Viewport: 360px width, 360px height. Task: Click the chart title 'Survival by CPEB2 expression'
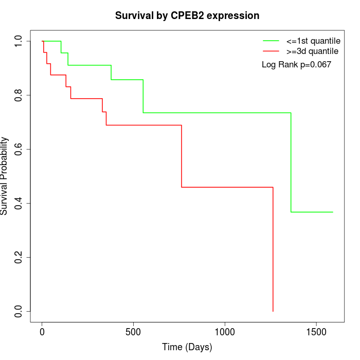(187, 15)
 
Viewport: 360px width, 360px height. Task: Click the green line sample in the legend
(271, 40)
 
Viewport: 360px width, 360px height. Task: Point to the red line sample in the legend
(271, 51)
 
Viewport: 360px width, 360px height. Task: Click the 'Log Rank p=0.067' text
(296, 65)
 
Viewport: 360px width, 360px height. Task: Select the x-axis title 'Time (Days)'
(187, 347)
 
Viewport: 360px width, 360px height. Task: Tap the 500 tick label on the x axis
(133, 332)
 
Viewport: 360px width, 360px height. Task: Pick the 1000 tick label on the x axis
(225, 332)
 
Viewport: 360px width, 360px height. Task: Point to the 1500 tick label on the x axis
(316, 332)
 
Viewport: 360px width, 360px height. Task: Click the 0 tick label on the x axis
(42, 332)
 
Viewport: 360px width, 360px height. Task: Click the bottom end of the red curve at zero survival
(273, 311)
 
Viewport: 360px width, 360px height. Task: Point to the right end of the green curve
(333, 212)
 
